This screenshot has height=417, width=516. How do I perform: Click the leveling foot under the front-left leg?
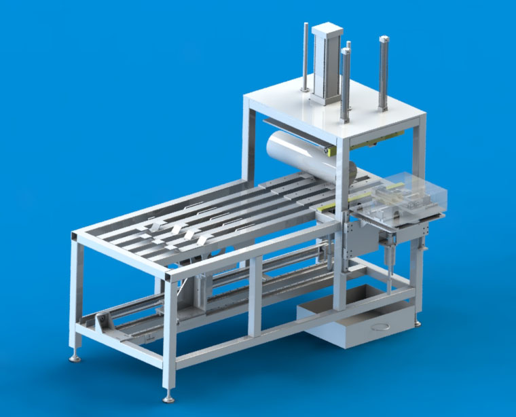tap(74, 356)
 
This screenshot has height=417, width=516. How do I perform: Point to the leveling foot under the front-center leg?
tap(167, 397)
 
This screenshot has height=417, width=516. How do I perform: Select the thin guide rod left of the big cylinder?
tap(304, 58)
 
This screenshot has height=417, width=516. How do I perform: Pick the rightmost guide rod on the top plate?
tap(384, 75)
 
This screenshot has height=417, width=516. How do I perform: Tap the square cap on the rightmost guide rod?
tap(384, 38)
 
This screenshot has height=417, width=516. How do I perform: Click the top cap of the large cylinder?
tap(326, 28)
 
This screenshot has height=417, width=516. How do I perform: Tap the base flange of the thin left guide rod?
tap(305, 92)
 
